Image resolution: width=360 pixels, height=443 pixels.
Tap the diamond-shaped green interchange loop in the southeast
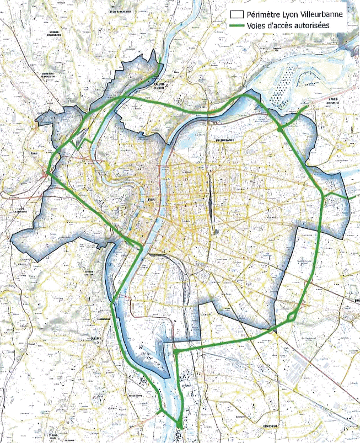292,317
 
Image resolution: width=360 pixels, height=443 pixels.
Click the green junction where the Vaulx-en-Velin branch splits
281,129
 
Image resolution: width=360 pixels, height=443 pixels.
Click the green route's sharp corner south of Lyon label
142,248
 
